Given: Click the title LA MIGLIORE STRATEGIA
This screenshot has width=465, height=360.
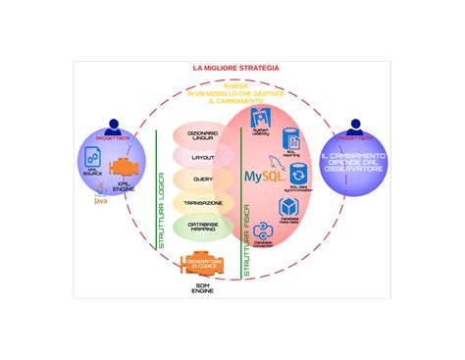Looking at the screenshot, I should (x=235, y=69).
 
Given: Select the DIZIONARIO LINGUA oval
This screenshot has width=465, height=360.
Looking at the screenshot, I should (x=203, y=135).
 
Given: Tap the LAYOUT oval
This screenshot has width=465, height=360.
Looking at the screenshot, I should (x=203, y=157).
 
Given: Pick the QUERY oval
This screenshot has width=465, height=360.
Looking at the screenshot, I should (x=203, y=180).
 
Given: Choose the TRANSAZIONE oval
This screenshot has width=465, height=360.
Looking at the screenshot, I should (x=203, y=203).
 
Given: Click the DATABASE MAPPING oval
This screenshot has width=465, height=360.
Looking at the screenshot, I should (x=203, y=227).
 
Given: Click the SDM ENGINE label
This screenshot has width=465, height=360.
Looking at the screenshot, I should (x=203, y=289).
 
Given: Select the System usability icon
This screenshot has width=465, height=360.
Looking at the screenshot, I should (x=261, y=125).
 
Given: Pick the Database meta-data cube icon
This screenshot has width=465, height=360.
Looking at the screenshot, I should (x=289, y=207).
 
